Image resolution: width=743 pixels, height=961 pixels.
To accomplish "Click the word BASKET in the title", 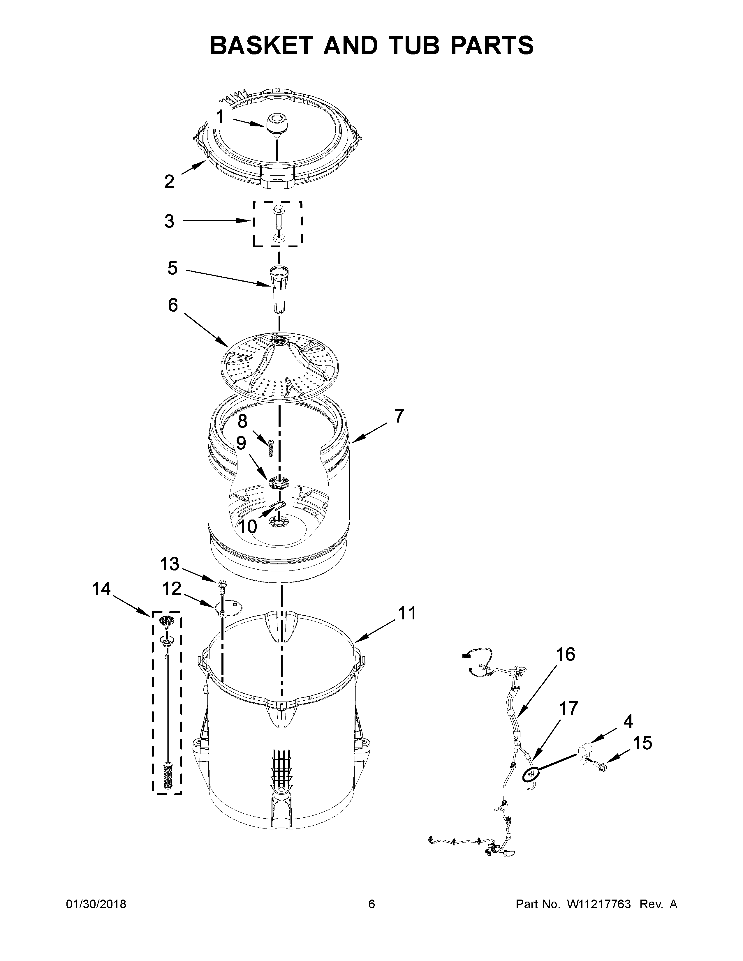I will [x=260, y=45].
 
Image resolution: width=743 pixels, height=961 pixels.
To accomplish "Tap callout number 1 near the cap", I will [x=220, y=117].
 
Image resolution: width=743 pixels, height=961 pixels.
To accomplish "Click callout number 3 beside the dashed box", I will [x=170, y=221].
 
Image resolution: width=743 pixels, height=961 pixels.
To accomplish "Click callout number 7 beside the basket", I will [x=398, y=416].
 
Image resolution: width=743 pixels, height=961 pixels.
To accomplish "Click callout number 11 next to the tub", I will [x=406, y=613].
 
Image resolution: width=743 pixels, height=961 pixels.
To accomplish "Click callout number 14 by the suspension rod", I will [x=101, y=589].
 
